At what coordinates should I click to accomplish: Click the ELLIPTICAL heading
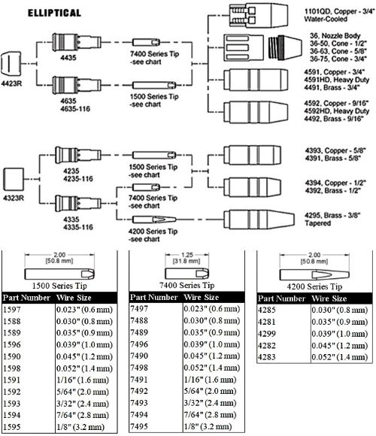tap(54, 13)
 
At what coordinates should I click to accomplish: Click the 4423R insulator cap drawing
tap(11, 64)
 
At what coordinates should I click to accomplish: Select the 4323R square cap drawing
tap(14, 180)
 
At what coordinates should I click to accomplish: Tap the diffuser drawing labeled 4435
tap(77, 42)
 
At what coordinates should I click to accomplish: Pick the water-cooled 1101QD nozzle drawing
tap(259, 16)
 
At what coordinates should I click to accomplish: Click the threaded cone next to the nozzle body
tap(285, 47)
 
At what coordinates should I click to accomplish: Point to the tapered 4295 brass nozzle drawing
tap(259, 220)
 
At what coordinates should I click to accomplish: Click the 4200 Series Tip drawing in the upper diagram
tap(154, 220)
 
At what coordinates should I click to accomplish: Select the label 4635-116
tap(75, 109)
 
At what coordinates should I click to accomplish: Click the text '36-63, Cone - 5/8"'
tap(338, 51)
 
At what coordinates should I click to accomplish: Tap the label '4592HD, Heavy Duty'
tap(336, 111)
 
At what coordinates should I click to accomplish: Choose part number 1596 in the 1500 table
tap(12, 345)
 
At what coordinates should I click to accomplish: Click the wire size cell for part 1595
tap(80, 427)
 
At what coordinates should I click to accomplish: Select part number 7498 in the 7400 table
tap(139, 368)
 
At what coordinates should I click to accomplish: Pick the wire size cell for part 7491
tap(210, 380)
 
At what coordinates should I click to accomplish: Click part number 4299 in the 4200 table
tap(267, 334)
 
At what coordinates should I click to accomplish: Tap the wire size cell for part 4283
tap(340, 357)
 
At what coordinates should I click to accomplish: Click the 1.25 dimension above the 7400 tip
tap(187, 255)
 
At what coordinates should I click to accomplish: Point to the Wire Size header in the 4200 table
tap(329, 298)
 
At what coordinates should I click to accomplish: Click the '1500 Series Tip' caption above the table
tap(59, 286)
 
